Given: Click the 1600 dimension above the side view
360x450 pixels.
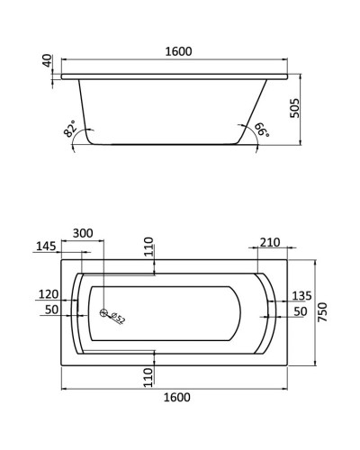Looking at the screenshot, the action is tap(178, 51).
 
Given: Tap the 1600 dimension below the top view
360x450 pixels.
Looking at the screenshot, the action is tap(177, 397).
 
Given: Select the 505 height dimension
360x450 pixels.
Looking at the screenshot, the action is tap(295, 108).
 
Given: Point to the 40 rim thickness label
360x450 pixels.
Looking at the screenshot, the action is tap(47, 60).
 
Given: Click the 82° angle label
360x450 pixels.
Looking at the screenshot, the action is tap(70, 129).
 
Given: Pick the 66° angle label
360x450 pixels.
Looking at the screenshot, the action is tap(262, 130).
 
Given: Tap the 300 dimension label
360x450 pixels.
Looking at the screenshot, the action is tap(83, 233).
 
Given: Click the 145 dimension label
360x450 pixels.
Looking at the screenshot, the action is tap(46, 247).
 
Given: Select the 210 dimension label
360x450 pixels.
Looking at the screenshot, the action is tap(270, 242).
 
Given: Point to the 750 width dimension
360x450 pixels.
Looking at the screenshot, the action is tap(322, 312).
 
